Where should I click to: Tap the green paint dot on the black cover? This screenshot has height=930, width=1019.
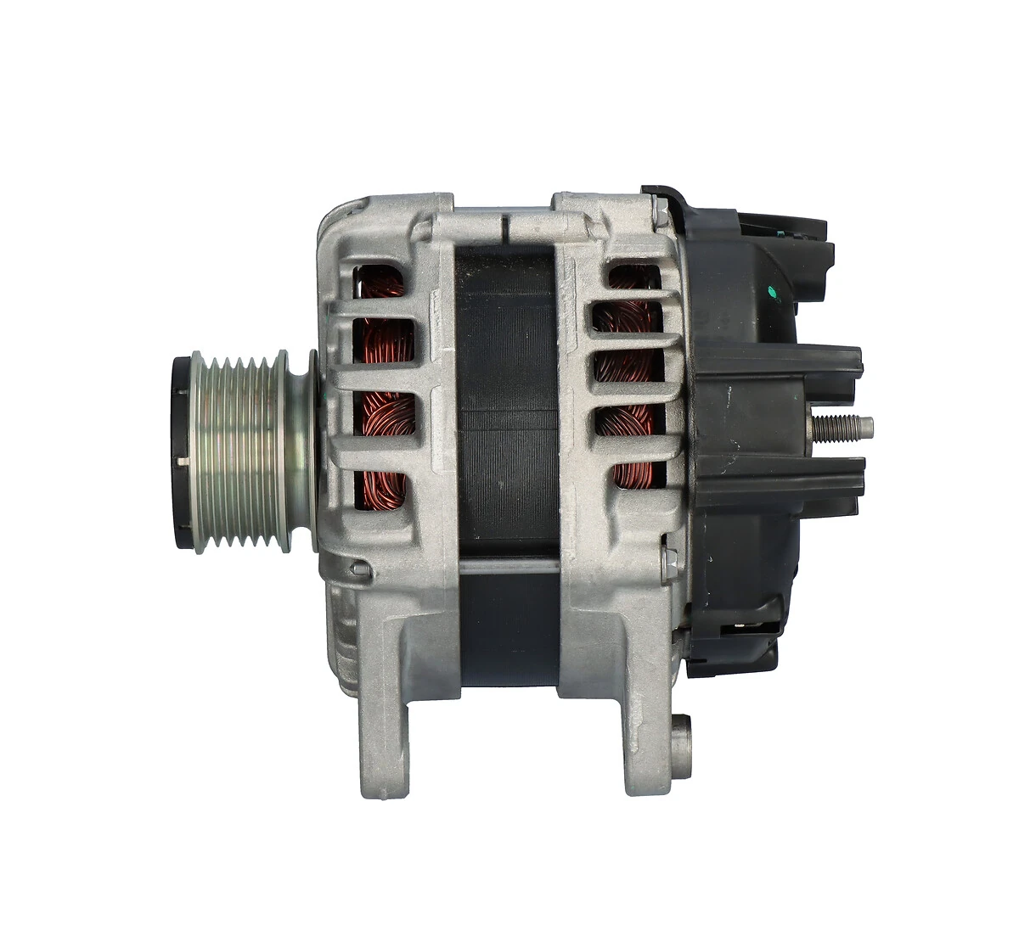pyautogui.click(x=772, y=294)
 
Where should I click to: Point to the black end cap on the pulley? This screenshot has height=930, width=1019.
pyautogui.click(x=180, y=454)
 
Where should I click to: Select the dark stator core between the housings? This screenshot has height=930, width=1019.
pyautogui.click(x=506, y=399)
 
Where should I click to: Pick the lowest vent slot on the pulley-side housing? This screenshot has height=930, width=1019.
pyautogui.click(x=380, y=491)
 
